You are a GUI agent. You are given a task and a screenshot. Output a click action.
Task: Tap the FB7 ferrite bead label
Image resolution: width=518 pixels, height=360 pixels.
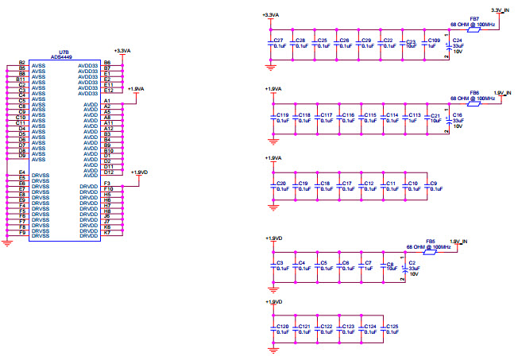(474, 17)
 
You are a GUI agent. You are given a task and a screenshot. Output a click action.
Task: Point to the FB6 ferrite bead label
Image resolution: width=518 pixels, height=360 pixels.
(474, 92)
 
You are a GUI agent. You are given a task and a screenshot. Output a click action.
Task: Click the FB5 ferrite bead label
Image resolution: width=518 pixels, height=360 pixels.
(431, 241)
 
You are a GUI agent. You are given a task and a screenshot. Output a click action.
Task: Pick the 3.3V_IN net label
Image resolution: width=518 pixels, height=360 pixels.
(501, 10)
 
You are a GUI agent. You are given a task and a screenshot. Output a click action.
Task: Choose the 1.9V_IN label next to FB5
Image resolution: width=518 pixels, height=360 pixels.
(460, 241)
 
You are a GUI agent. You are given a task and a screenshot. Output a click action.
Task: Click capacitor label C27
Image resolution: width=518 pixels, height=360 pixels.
(278, 41)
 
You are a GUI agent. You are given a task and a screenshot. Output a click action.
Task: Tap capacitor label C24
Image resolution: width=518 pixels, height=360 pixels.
(458, 41)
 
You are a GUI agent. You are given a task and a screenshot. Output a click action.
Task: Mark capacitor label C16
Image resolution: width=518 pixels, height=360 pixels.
(457, 115)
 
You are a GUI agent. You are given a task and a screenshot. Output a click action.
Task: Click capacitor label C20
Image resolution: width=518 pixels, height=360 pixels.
(280, 184)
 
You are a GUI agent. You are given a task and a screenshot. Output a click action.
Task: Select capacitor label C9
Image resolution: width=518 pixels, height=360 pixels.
(433, 184)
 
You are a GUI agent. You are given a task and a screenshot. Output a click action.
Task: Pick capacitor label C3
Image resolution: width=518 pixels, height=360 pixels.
(278, 262)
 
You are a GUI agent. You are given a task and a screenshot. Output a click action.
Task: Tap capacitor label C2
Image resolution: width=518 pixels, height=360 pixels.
(412, 262)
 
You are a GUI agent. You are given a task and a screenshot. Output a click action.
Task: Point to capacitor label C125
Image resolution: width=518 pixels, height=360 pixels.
(392, 327)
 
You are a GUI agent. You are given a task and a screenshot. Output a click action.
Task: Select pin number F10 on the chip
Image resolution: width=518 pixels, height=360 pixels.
(108, 189)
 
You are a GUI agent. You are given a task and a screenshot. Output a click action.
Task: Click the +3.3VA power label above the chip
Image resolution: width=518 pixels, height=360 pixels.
(123, 51)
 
